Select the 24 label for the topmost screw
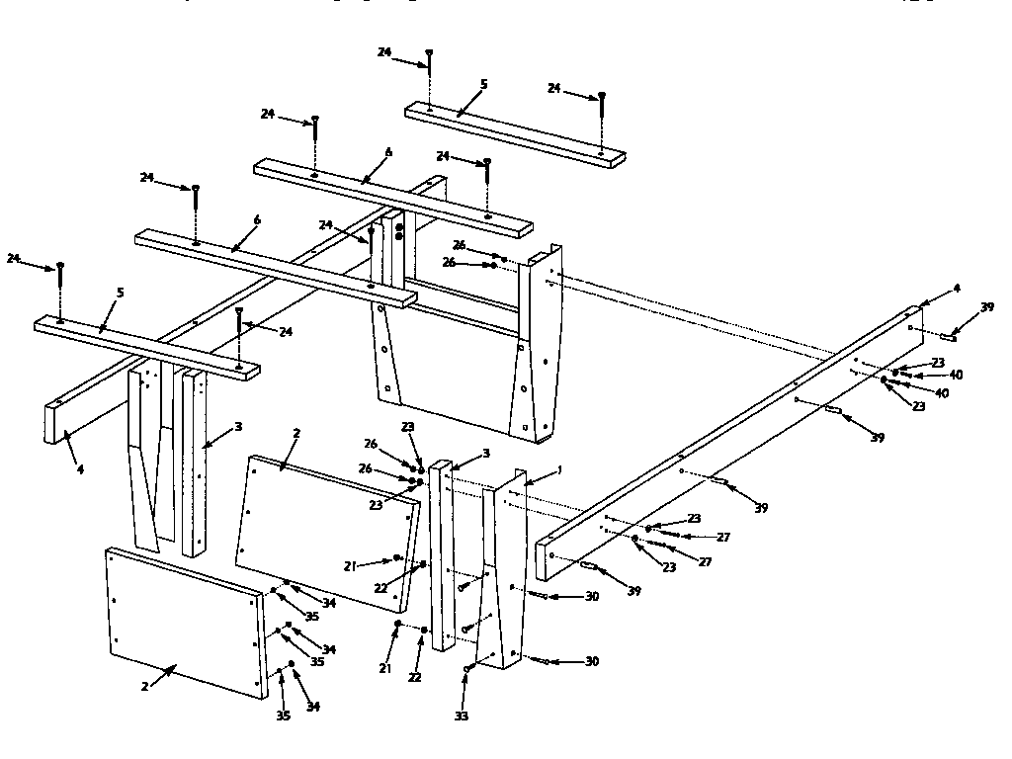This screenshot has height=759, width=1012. click(384, 52)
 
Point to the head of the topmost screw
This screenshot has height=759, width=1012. click(429, 51)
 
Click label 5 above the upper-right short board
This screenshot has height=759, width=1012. click(483, 85)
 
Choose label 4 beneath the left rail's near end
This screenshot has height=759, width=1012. click(80, 469)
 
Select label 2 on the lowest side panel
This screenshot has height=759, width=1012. click(144, 687)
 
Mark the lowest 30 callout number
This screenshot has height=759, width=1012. click(592, 662)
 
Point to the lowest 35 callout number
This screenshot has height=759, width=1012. click(283, 716)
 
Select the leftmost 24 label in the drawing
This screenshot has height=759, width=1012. click(15, 259)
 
